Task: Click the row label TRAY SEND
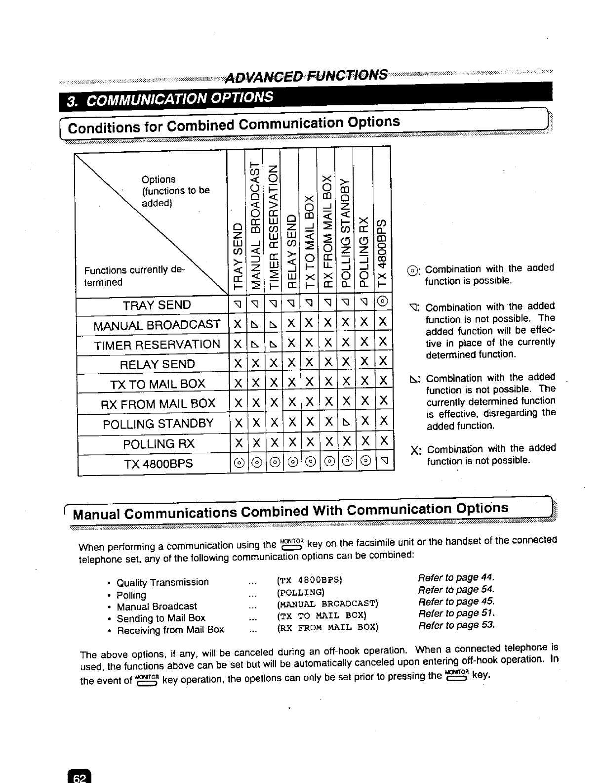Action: [157, 305]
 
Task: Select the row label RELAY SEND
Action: [157, 364]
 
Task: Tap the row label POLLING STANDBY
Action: [158, 424]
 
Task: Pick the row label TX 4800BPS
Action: [158, 464]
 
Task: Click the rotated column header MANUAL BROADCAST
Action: [255, 221]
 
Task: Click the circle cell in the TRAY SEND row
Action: [383, 302]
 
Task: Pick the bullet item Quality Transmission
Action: [162, 582]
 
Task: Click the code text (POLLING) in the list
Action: [301, 592]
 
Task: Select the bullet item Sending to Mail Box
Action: [161, 618]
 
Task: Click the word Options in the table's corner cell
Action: [158, 179]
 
